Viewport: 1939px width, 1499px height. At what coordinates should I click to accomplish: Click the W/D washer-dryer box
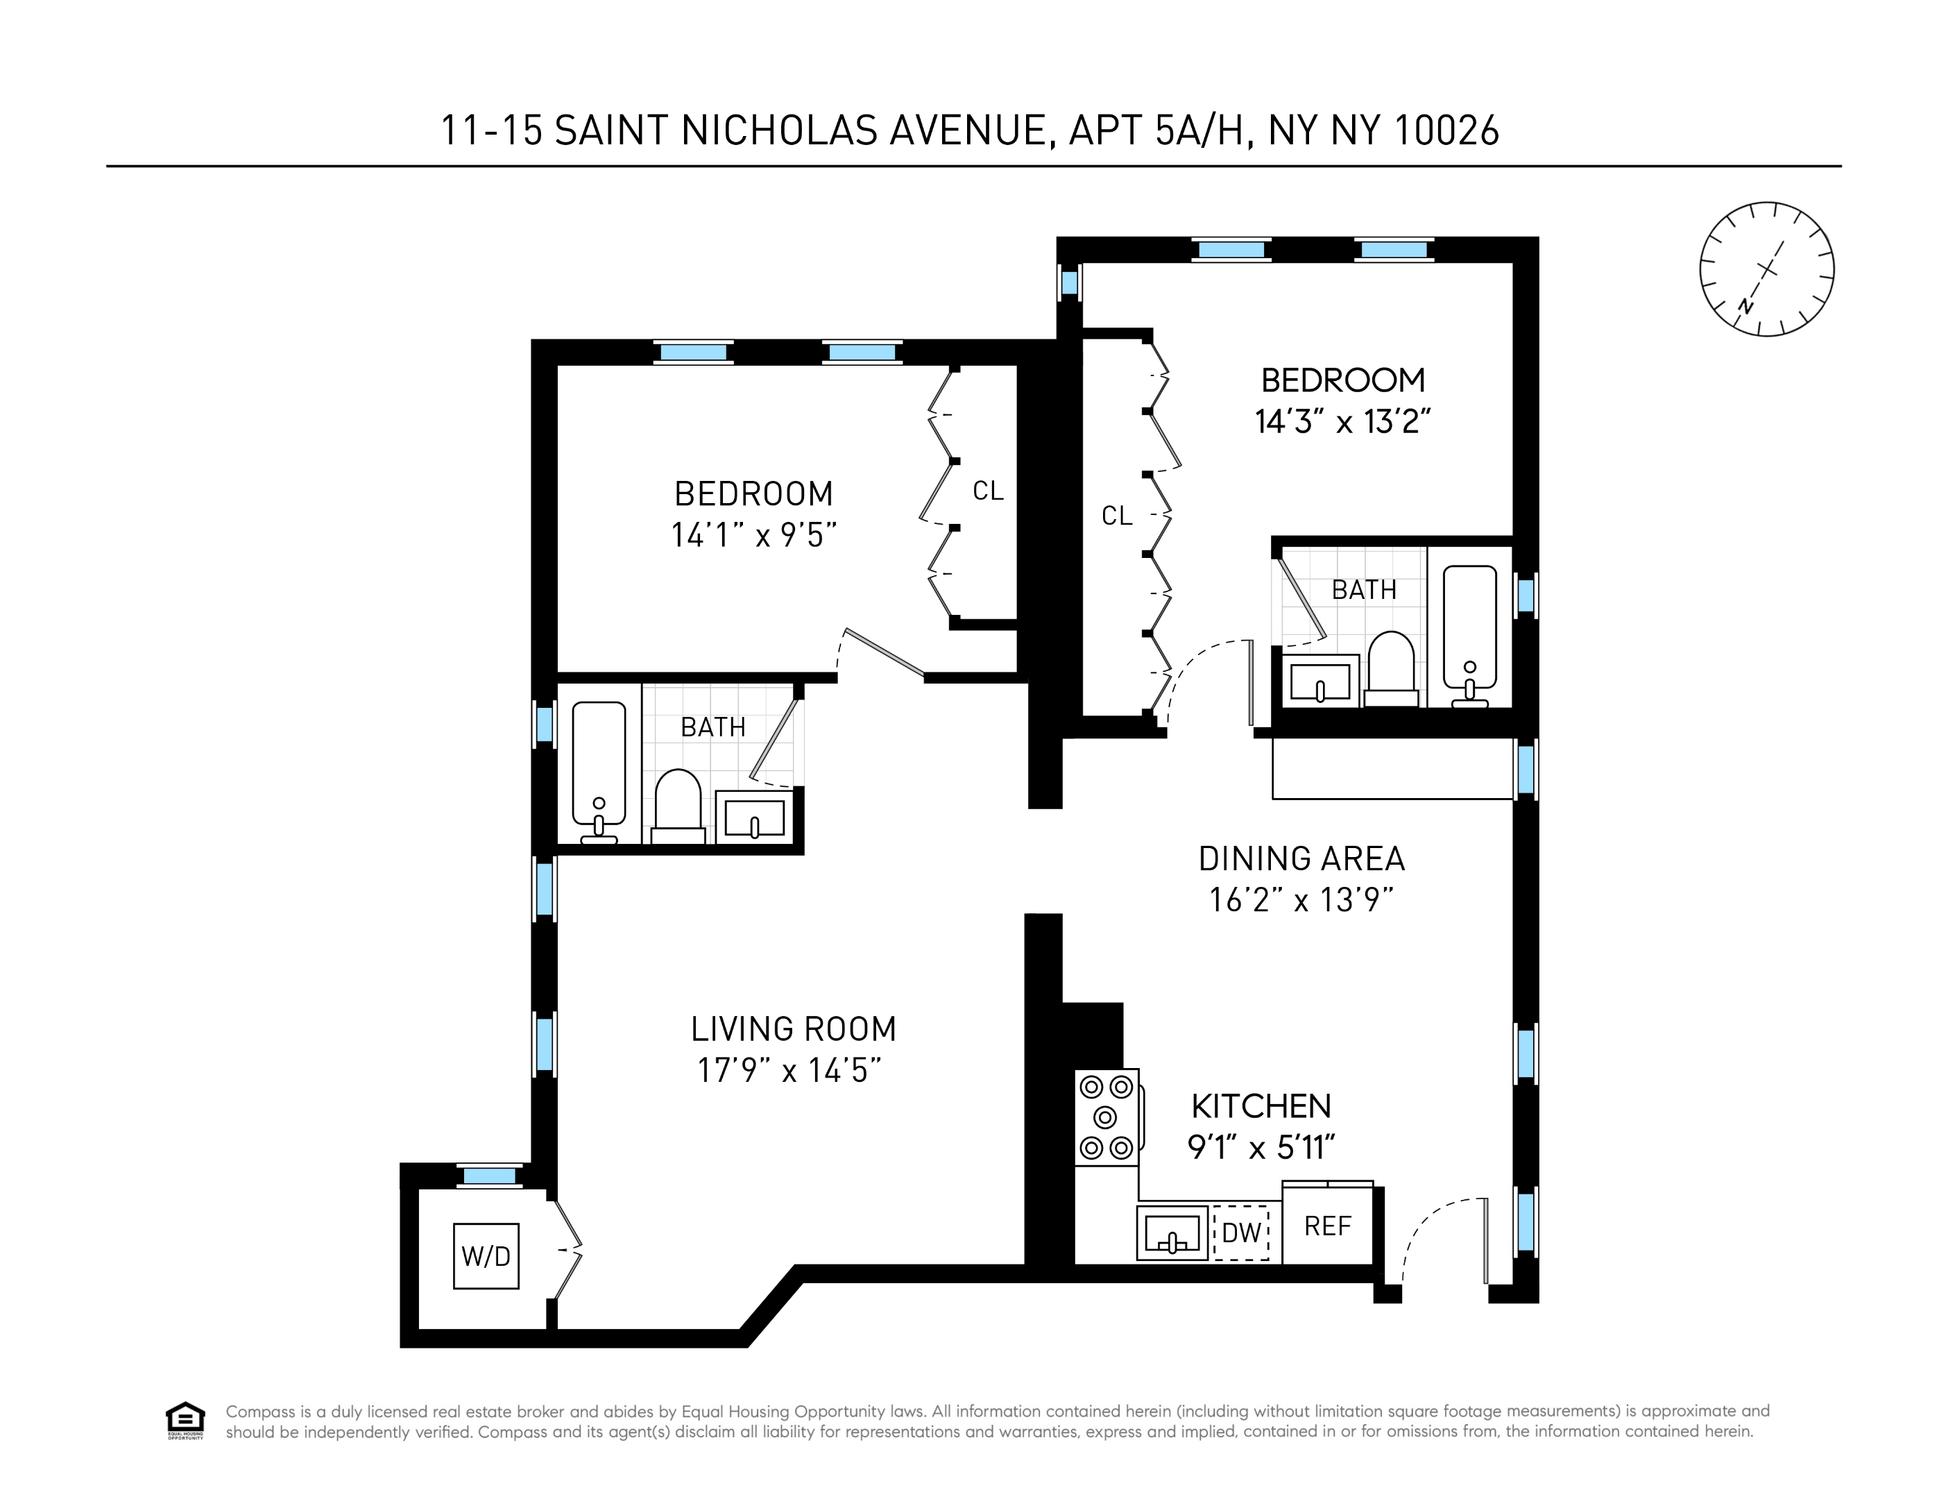(486, 1255)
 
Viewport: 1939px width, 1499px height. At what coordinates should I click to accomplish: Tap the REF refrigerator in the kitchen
(1327, 1226)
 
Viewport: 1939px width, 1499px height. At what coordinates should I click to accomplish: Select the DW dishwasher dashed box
(1241, 1232)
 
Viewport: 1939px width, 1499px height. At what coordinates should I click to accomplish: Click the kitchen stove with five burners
(1107, 1117)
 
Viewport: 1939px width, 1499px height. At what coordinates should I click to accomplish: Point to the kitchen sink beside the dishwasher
(1172, 1233)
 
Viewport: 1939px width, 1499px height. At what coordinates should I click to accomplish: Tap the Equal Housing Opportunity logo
(185, 1420)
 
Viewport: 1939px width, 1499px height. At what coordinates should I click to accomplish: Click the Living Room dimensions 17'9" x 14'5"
(789, 1070)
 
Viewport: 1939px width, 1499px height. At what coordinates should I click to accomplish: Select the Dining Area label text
(1301, 858)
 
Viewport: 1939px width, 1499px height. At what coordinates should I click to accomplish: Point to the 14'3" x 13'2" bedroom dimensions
(1342, 422)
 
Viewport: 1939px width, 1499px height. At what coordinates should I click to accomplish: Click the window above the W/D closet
(490, 1176)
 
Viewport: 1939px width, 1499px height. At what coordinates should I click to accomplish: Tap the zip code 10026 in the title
(1446, 130)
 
